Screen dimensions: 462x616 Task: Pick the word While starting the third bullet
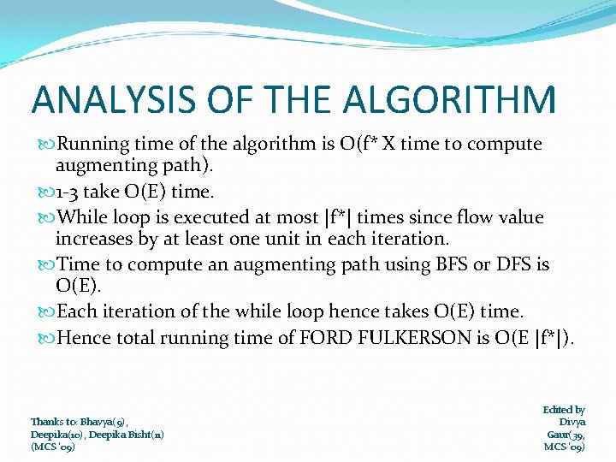(82, 217)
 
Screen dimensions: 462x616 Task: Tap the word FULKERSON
(417, 338)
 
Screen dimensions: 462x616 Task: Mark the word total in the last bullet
(137, 338)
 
